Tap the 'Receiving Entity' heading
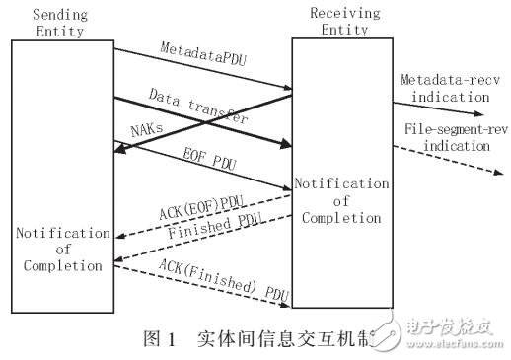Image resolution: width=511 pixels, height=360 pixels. click(x=338, y=23)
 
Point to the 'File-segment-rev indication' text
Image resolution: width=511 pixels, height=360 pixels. click(x=453, y=138)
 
